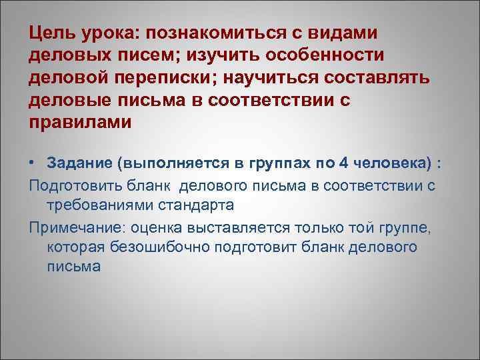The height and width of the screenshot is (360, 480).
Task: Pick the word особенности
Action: [x=339, y=56]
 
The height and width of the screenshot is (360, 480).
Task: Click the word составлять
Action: [x=383, y=80]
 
